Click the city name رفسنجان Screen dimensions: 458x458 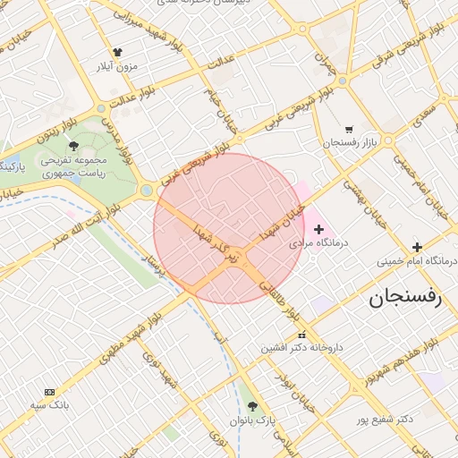click(x=405, y=299)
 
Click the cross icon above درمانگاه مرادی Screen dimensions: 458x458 click(x=319, y=229)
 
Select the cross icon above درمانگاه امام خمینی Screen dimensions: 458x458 click(x=416, y=247)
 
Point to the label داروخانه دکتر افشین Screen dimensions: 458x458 click(x=302, y=347)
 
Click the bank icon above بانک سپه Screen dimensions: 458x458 click(x=49, y=392)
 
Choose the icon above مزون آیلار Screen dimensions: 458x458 click(x=118, y=52)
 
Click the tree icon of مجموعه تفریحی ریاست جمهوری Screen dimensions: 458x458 click(x=73, y=145)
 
